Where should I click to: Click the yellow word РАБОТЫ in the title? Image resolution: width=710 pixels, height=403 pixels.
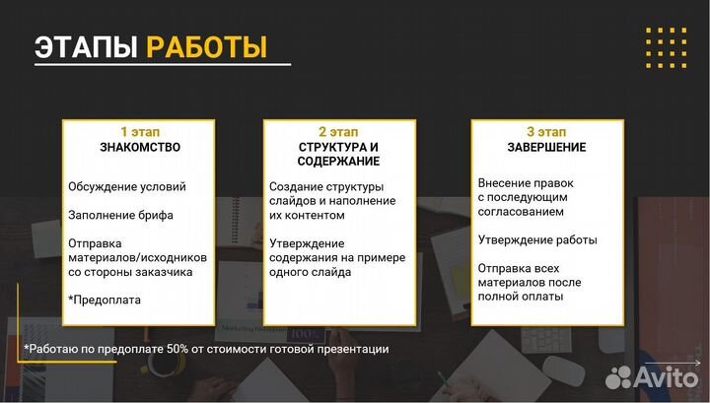206,46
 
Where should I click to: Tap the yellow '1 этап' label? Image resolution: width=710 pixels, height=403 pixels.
139,131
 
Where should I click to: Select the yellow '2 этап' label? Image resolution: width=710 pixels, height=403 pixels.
338,131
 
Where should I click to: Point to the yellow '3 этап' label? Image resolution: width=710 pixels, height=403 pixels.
545,131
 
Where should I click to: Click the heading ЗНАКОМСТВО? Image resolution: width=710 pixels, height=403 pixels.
139,147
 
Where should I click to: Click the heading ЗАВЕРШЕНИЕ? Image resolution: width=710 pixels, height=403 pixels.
545,147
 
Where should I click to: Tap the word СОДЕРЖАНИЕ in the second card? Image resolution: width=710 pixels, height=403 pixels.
338,161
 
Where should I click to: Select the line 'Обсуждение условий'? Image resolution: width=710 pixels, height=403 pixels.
126,186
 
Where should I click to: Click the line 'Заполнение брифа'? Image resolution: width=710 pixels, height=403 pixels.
120,215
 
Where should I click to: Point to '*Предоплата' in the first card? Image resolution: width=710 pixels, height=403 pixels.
105,300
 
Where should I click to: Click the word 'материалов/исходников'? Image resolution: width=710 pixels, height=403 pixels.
138,257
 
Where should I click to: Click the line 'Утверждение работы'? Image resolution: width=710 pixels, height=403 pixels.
536,239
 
